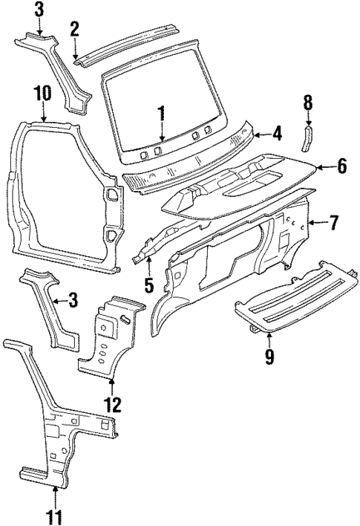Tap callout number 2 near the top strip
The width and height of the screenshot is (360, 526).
[x=74, y=29]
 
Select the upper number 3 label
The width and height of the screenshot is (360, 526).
[x=39, y=10]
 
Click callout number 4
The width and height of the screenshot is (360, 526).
[x=277, y=134]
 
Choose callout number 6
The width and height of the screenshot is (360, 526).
[x=341, y=166]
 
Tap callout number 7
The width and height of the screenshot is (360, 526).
[x=335, y=221]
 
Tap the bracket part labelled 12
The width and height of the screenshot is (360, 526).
[x=111, y=334]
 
